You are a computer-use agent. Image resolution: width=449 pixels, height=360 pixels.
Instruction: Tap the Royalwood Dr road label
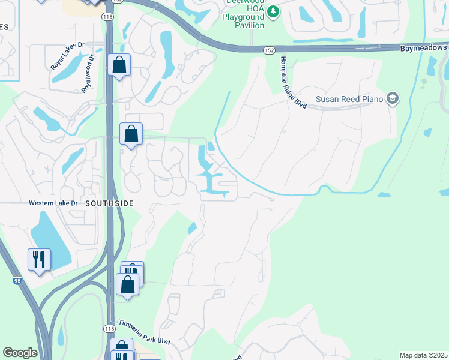(x=88, y=74)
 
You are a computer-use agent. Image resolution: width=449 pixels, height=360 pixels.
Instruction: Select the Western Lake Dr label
(x=53, y=203)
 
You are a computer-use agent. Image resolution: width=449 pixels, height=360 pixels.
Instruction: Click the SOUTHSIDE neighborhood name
(x=109, y=203)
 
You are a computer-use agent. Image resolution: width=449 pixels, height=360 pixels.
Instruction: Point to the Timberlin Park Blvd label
(x=144, y=332)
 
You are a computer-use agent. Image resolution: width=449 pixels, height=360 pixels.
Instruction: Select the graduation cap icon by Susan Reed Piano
(x=393, y=98)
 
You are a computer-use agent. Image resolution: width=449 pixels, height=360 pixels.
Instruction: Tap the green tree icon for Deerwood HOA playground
(x=273, y=11)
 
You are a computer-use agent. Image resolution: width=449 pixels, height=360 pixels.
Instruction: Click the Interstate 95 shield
(x=17, y=280)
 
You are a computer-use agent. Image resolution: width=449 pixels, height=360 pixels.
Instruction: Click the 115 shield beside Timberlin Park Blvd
(x=109, y=329)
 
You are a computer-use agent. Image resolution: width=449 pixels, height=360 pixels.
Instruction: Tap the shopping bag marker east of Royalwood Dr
(x=119, y=65)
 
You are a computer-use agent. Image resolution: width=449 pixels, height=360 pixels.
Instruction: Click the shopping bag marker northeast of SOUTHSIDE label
(x=131, y=134)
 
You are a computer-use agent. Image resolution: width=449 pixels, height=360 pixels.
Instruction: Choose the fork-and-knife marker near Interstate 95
(x=39, y=259)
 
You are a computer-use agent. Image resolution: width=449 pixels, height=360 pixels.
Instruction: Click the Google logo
(x=20, y=353)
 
